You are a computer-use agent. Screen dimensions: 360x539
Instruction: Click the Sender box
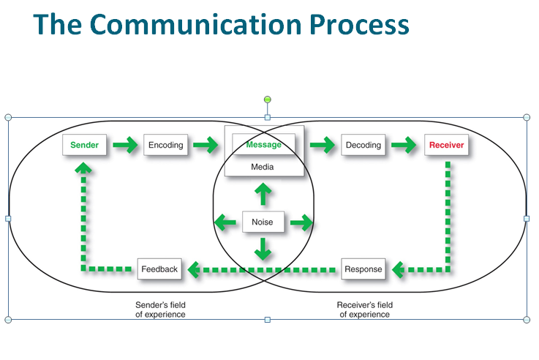click(85, 145)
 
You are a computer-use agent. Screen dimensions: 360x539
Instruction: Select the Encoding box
click(166, 145)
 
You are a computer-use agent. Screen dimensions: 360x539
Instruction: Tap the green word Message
click(263, 145)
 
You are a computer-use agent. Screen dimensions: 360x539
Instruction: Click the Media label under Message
click(263, 167)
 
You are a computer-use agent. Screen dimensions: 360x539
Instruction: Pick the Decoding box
click(363, 145)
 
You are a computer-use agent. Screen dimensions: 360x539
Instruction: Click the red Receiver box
click(446, 145)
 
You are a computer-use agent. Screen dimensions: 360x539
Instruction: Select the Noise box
click(263, 222)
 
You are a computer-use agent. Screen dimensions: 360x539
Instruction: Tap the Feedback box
click(159, 269)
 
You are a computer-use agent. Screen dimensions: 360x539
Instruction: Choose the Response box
click(363, 269)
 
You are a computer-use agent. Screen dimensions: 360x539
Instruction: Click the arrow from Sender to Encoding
click(125, 145)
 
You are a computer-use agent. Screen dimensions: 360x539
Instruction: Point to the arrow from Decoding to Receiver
click(404, 145)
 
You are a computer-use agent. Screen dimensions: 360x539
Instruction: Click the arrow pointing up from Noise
click(263, 195)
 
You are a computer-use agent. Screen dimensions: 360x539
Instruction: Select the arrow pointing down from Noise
click(263, 249)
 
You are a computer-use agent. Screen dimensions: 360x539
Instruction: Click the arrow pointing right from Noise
click(300, 222)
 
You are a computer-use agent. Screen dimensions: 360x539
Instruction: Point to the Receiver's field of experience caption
click(364, 310)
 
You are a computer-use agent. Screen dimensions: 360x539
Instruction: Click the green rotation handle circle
click(267, 100)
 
